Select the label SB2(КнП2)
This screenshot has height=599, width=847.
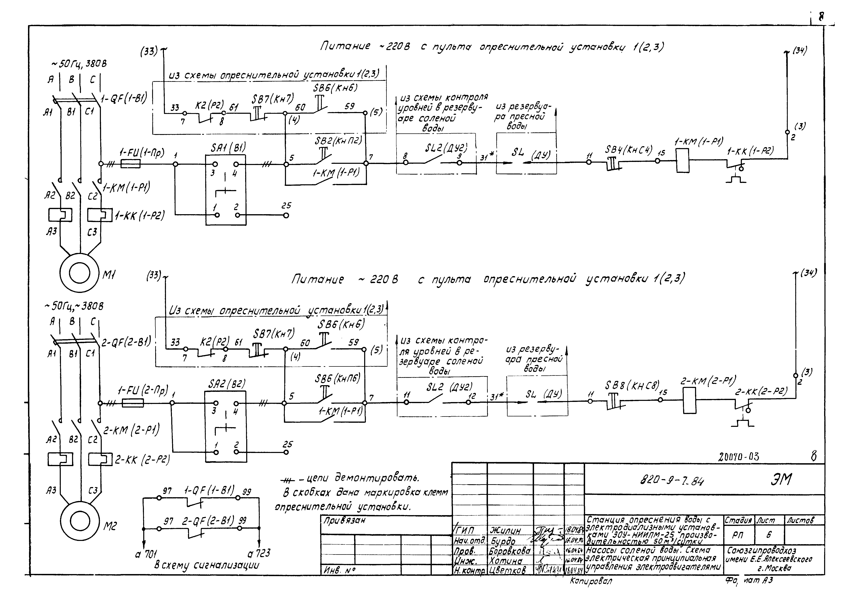[x=338, y=141]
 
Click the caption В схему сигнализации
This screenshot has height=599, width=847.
[x=207, y=565]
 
